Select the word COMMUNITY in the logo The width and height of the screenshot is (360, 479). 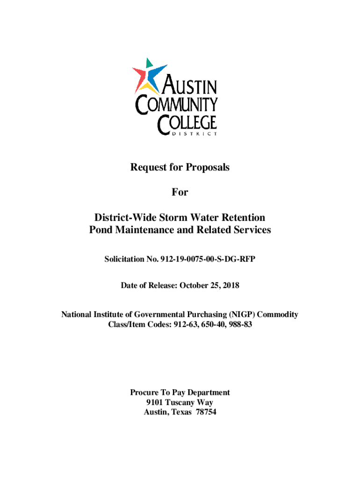(x=176, y=105)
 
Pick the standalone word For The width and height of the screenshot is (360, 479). (x=180, y=192)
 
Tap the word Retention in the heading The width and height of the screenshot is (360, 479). (x=243, y=218)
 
